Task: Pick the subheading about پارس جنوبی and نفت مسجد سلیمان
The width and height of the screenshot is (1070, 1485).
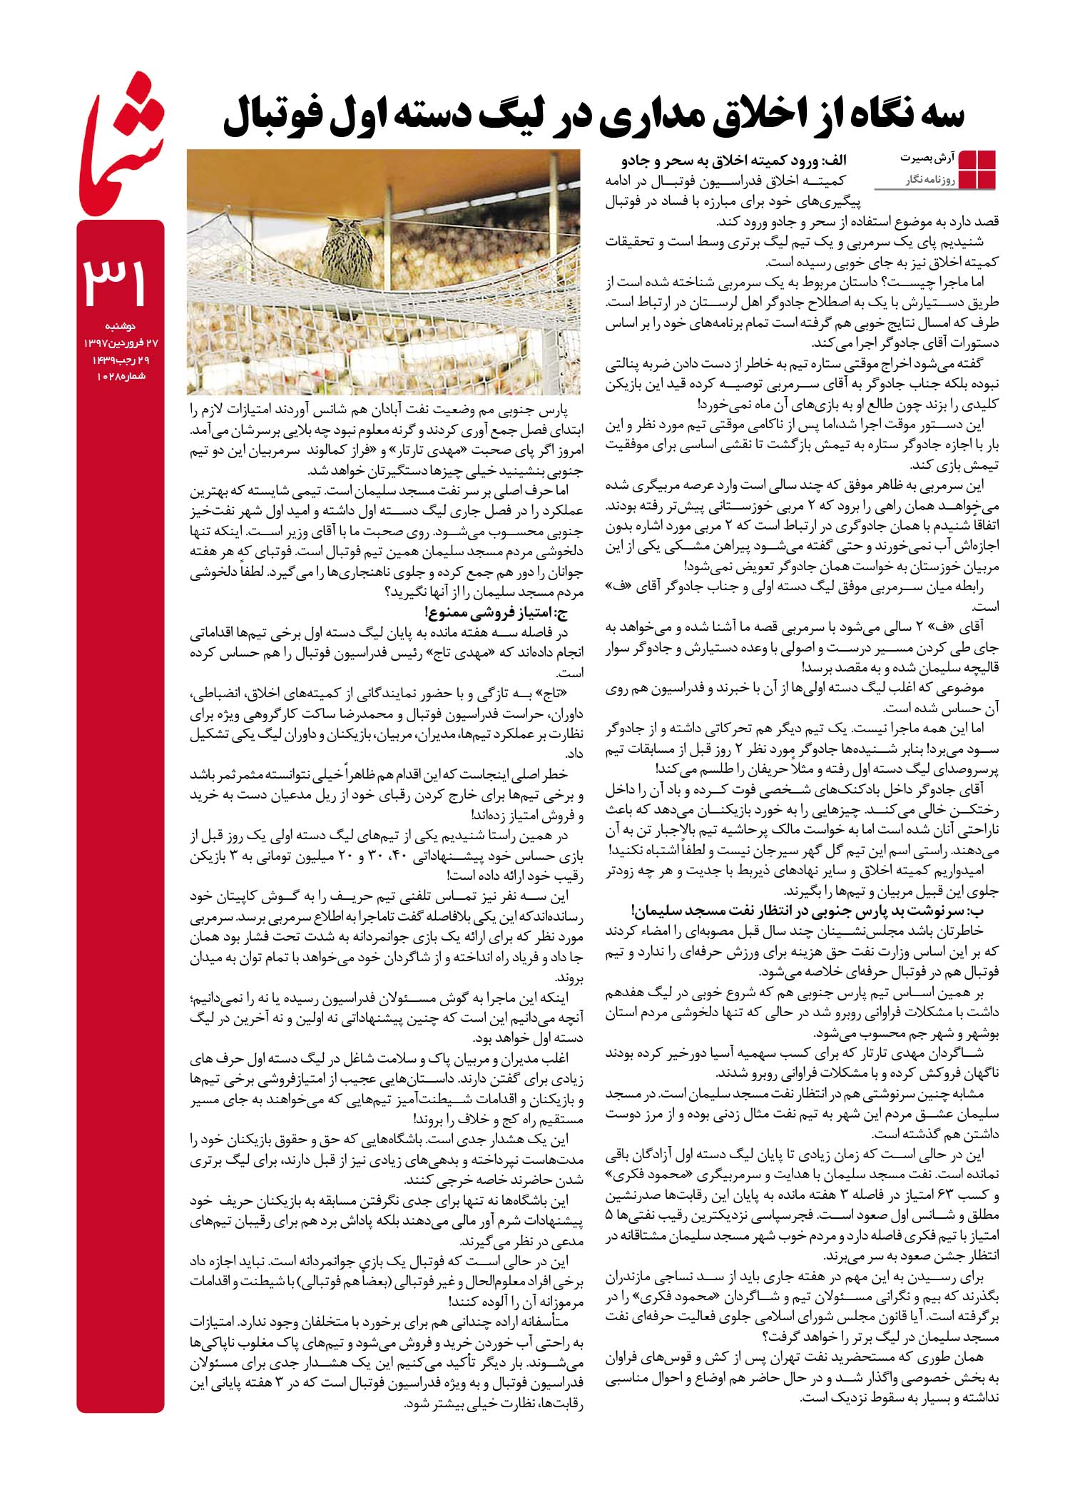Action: tap(802, 911)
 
